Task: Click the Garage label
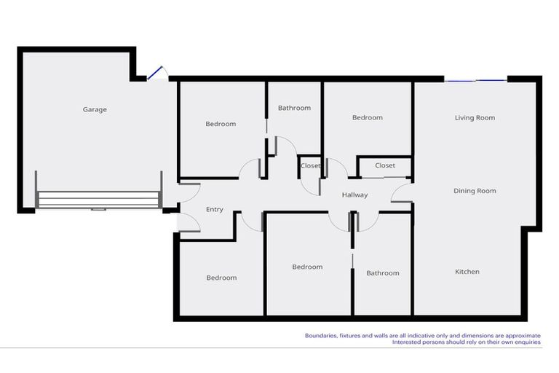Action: (x=95, y=109)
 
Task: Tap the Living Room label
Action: (x=475, y=117)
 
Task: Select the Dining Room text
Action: (x=475, y=191)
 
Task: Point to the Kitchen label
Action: (x=467, y=272)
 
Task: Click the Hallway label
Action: (x=355, y=195)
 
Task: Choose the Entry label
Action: (x=215, y=210)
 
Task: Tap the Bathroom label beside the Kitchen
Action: (x=383, y=273)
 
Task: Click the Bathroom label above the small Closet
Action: (x=294, y=108)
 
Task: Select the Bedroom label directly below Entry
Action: (x=221, y=278)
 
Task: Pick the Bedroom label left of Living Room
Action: (x=368, y=117)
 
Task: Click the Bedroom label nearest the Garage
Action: (x=221, y=124)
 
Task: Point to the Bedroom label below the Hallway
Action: (x=307, y=267)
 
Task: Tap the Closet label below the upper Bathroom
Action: (x=311, y=166)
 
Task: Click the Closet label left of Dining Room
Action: (x=385, y=165)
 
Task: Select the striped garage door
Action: (x=98, y=200)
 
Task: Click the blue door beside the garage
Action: (x=155, y=74)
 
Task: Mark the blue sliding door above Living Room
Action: (x=475, y=80)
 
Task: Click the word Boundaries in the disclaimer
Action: (x=321, y=335)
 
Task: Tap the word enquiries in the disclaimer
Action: (x=526, y=342)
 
